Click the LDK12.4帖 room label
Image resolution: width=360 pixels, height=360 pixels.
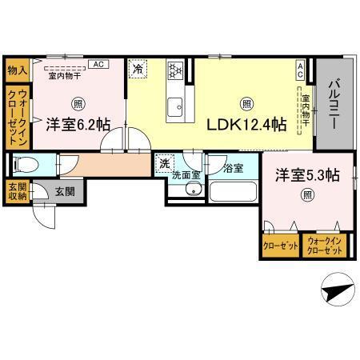coord(246,125)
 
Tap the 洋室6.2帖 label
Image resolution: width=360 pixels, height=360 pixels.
coord(77,124)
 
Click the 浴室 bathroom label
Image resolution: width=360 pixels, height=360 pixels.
coord(233,169)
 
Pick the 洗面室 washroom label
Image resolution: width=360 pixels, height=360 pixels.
coord(186,173)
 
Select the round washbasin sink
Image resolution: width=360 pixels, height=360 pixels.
coord(192,190)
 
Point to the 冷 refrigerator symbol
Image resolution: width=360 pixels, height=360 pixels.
coord(137,70)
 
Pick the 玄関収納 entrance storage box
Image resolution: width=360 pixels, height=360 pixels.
coord(16,193)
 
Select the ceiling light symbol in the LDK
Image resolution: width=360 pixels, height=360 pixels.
coord(246,103)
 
